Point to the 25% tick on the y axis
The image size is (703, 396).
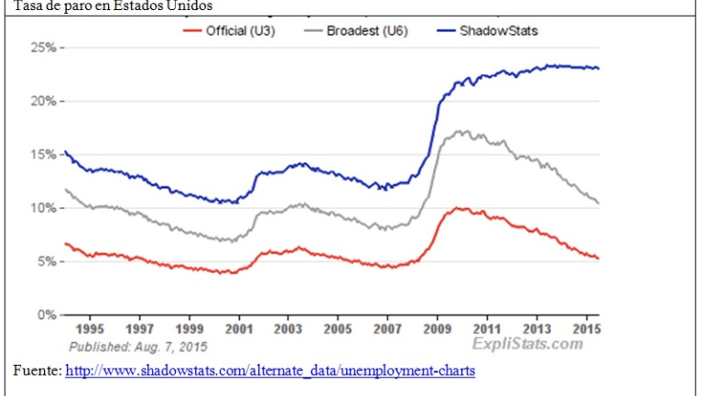click(44, 48)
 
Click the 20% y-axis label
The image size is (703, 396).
click(44, 101)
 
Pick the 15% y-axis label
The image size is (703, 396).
click(44, 154)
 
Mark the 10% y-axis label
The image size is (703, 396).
click(44, 208)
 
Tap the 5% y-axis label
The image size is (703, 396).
click(47, 261)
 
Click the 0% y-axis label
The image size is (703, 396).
click(47, 314)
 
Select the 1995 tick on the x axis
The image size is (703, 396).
click(90, 328)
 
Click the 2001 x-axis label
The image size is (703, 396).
click(239, 328)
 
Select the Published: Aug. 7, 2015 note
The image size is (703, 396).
click(138, 346)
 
